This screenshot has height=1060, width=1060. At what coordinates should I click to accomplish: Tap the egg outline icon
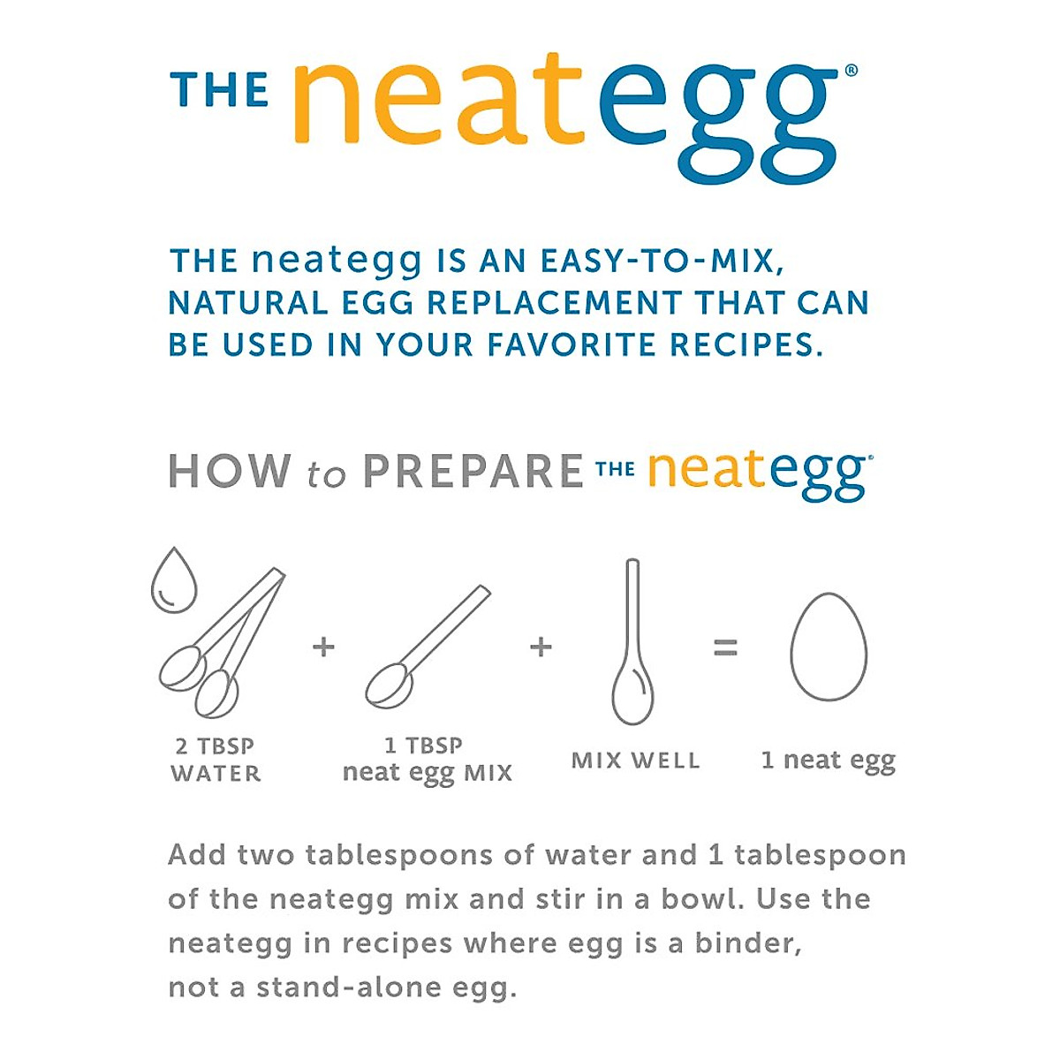pos(828,648)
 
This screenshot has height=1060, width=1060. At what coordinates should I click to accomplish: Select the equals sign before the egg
pos(725,648)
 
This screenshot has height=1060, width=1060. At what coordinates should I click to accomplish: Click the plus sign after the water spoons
pos(324,647)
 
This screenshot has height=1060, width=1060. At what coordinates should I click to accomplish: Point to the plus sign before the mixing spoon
pos(541,647)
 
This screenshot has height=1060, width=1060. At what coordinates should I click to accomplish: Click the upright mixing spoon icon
pos(632,645)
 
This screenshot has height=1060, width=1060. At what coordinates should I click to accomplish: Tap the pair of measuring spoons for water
pos(221,645)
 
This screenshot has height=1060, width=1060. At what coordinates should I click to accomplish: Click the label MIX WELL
pos(635,761)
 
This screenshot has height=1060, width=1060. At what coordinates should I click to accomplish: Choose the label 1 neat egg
pos(828,761)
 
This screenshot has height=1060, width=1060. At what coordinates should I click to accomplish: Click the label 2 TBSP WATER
pos(216,760)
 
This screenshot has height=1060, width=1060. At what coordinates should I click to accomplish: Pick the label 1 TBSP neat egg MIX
pos(427,760)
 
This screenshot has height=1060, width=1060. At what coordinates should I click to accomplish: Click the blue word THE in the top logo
pos(219,91)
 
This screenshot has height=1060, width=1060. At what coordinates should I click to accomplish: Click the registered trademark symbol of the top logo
pos(850,72)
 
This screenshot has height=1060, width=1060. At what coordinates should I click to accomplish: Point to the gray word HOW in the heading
pos(230,472)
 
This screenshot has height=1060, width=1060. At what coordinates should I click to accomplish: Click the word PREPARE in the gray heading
pos(473,472)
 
